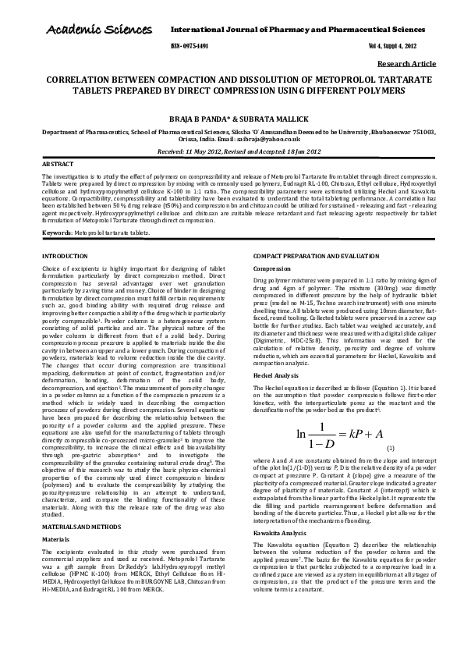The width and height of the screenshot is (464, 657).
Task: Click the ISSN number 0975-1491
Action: (x=189, y=46)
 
